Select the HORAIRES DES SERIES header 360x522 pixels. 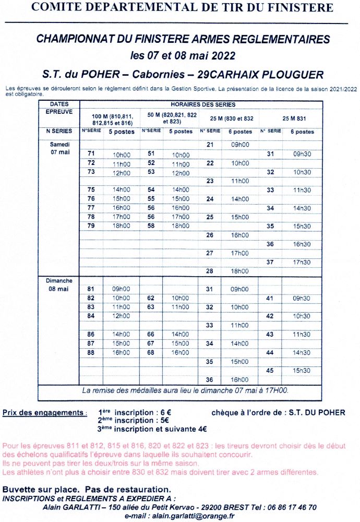(x=203, y=104)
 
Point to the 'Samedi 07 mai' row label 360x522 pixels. (x=60, y=148)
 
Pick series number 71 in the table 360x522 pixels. (x=91, y=153)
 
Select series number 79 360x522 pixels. (x=91, y=226)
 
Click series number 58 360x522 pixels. (x=151, y=226)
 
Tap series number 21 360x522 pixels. (x=210, y=144)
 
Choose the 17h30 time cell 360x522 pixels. (x=302, y=263)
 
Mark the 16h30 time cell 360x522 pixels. (x=302, y=244)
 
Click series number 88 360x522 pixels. (x=91, y=352)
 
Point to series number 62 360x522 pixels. (x=151, y=298)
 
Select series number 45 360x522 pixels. (x=270, y=371)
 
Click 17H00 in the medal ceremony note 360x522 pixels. (x=277, y=390)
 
